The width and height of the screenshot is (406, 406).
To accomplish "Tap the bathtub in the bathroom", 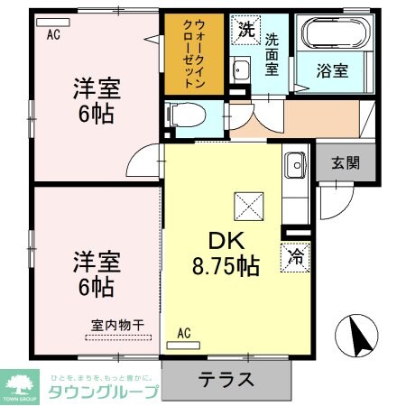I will click(x=336, y=35).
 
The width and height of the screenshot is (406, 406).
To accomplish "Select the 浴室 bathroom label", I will click(x=337, y=69).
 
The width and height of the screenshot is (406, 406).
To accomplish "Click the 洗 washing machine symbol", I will click(x=245, y=29).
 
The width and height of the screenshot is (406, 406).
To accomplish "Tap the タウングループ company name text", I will click(x=102, y=392).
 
